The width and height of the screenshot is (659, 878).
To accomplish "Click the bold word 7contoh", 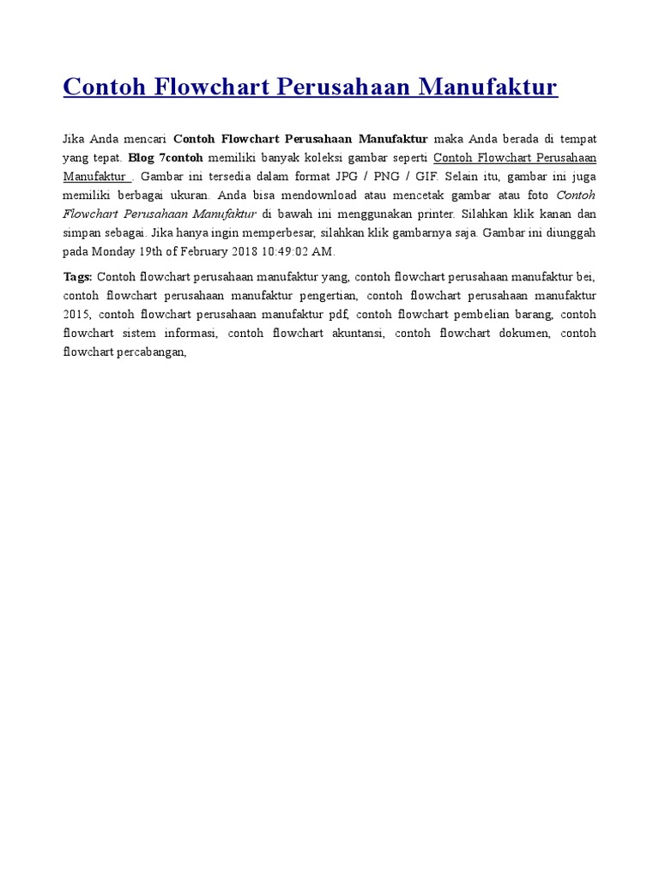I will (181, 158).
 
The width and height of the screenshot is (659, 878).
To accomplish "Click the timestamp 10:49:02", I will (287, 252).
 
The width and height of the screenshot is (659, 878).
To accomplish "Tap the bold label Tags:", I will (78, 277).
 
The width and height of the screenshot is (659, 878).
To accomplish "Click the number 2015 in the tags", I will (76, 315).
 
